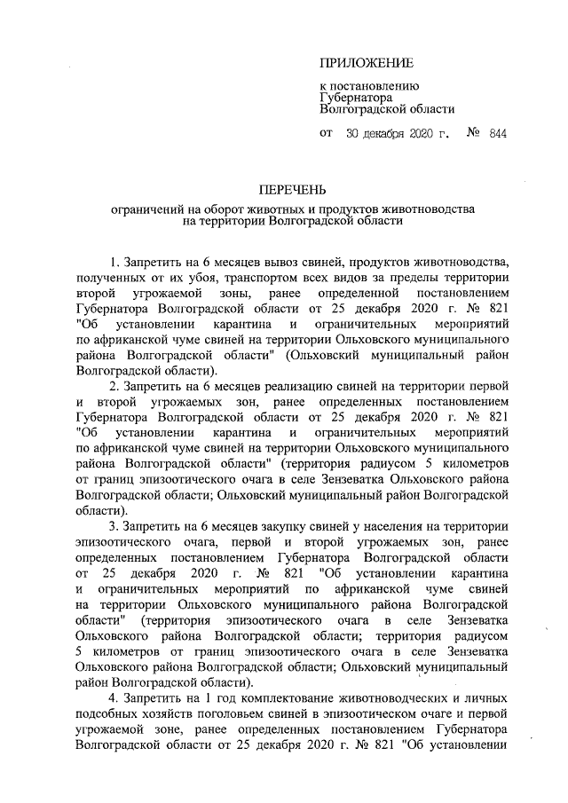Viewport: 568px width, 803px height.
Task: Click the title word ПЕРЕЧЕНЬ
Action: [292, 190]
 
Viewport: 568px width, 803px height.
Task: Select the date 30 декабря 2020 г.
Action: [398, 134]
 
